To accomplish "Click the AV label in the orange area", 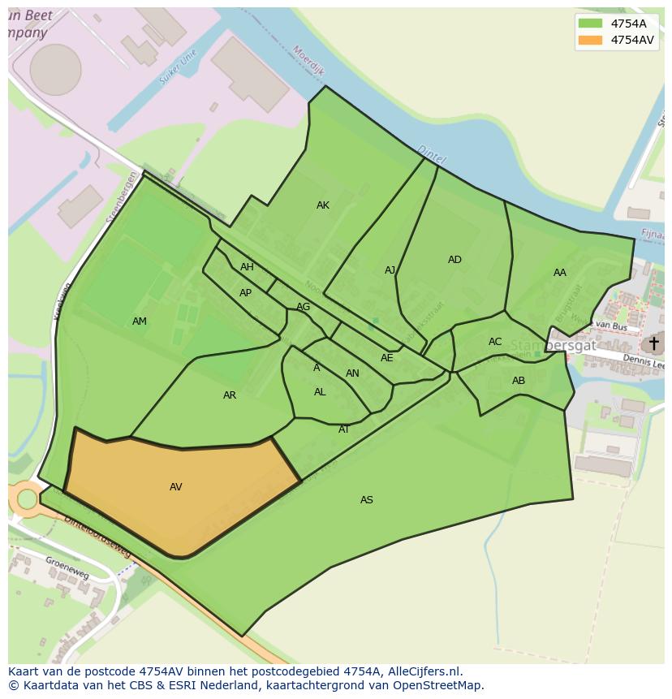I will [x=176, y=487].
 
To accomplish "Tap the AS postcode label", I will [x=367, y=500].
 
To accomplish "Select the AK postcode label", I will [x=323, y=205].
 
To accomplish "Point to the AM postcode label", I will [x=140, y=321].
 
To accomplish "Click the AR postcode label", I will [x=230, y=395].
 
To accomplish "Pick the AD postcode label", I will [x=454, y=260].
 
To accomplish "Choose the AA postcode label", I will [x=560, y=273].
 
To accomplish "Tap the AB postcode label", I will [x=519, y=381].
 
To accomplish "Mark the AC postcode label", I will [x=495, y=342].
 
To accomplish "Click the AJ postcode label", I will [x=390, y=270].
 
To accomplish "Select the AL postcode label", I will [x=320, y=392].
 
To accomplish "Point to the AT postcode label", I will [x=344, y=429].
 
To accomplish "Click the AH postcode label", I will [x=247, y=267].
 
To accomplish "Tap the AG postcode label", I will [x=303, y=307].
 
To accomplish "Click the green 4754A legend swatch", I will [x=590, y=24].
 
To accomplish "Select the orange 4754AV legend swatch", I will [x=590, y=40].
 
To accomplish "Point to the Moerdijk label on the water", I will [x=308, y=61].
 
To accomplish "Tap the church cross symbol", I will [x=653, y=343].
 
